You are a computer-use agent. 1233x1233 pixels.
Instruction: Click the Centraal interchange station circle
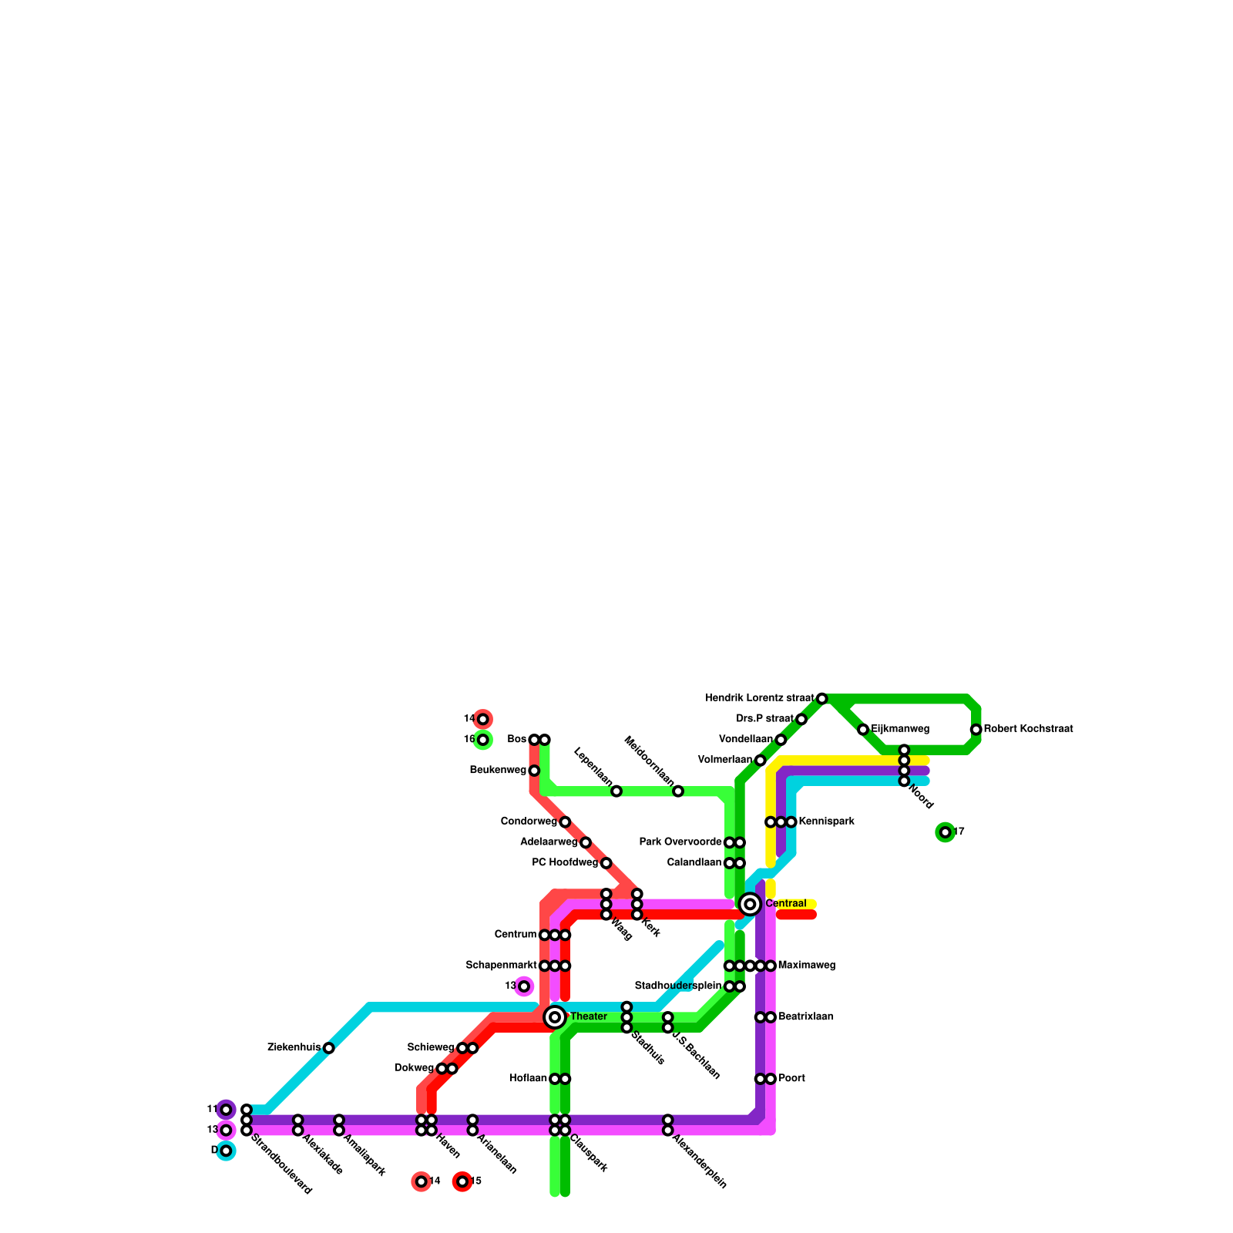coord(750,904)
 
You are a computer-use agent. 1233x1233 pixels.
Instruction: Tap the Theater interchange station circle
coord(555,1017)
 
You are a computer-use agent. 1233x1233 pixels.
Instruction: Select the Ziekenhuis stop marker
coord(329,1048)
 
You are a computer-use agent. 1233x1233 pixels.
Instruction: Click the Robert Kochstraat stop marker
coord(976,730)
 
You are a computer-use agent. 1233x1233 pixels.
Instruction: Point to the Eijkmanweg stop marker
coord(863,730)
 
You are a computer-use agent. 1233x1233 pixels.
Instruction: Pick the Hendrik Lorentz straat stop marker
coord(822,698)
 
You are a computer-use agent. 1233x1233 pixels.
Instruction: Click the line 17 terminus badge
coord(946,832)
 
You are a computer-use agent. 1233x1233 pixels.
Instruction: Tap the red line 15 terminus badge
coord(462,1181)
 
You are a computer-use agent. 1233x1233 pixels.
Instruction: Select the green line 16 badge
coord(483,740)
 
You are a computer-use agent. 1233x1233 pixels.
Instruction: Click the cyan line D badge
coord(226,1151)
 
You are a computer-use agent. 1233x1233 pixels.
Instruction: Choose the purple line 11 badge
coord(226,1110)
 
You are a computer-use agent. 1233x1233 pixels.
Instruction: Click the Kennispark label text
coord(826,821)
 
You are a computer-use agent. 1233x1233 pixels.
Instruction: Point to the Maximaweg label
coord(806,966)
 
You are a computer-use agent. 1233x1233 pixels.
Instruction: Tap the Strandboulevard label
coord(281,1164)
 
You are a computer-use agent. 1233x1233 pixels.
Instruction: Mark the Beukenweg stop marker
coord(534,771)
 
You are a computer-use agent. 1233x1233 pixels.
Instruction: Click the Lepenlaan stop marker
coord(616,791)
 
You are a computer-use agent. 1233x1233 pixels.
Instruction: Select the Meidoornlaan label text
coord(649,762)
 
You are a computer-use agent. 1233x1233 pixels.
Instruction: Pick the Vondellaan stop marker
coord(781,740)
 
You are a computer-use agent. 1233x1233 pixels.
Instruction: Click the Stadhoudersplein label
coord(677,986)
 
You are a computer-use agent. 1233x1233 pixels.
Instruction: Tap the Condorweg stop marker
coord(565,822)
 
